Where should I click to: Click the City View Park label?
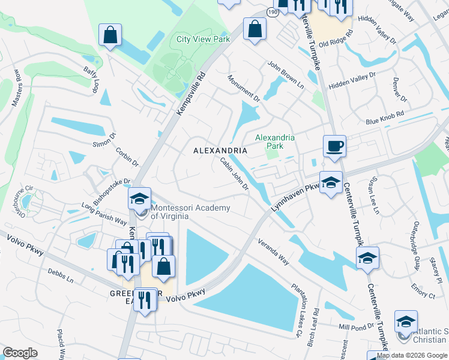pyautogui.click(x=203, y=39)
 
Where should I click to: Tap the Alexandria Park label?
pyautogui.click(x=275, y=141)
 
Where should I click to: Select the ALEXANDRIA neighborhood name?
pyautogui.click(x=220, y=150)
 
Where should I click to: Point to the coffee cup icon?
pyautogui.click(x=334, y=146)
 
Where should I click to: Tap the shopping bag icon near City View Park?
pyautogui.click(x=255, y=28)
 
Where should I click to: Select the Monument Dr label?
pyautogui.click(x=244, y=87)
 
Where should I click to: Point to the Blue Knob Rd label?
pyautogui.click(x=385, y=117)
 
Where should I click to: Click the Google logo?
pyautogui.click(x=20, y=353)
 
